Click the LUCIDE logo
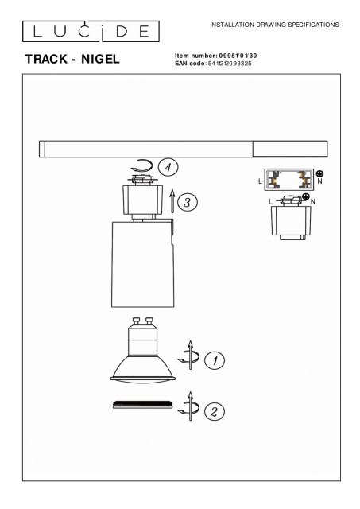click(91, 32)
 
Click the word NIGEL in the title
click(100, 59)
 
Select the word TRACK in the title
click(46, 59)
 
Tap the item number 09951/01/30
click(238, 56)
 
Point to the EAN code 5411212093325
click(230, 64)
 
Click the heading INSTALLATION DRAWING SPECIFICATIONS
click(274, 25)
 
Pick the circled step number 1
click(215, 360)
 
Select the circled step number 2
click(215, 412)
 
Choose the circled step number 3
click(187, 202)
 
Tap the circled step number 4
click(168, 168)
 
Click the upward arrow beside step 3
click(172, 201)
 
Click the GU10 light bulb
click(143, 351)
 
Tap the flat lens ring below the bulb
click(143, 405)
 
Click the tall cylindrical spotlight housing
click(143, 263)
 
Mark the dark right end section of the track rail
click(290, 150)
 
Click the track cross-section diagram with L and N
click(289, 180)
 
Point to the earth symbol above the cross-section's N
click(319, 173)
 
